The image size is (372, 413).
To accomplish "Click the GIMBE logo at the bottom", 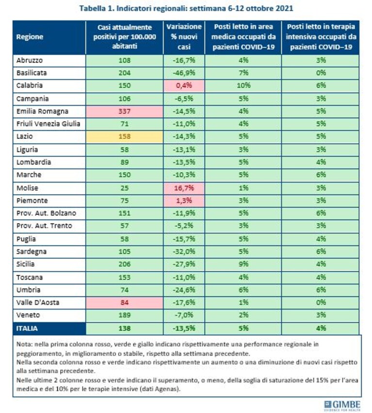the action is [x=342, y=405].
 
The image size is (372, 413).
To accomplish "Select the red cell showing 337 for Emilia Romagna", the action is [x=124, y=112].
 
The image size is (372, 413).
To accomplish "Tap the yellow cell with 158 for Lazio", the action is [x=124, y=136].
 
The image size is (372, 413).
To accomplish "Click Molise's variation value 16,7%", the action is [x=184, y=188].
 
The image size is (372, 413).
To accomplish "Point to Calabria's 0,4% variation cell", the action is [x=184, y=85].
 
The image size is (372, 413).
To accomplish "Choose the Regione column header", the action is [x=30, y=37].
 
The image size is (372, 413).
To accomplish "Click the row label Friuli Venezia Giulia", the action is [x=48, y=124].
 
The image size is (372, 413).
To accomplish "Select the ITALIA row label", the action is [x=27, y=329].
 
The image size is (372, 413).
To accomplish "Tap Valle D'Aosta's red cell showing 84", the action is [x=124, y=303].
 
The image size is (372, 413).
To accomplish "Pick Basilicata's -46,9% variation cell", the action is [x=184, y=73].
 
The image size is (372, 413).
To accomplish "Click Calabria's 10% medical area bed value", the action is [x=243, y=85].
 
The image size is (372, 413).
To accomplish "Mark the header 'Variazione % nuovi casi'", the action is [x=184, y=37].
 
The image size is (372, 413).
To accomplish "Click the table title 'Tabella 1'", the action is [x=97, y=8].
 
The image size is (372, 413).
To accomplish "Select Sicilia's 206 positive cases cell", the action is [x=124, y=264].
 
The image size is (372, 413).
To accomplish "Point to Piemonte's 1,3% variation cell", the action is [x=184, y=201].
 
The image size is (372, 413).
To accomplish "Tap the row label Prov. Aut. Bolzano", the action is [x=46, y=213].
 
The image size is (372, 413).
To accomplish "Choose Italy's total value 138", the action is [x=124, y=329].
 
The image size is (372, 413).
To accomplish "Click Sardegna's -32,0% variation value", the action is [x=184, y=251].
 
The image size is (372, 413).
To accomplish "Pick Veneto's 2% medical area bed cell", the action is [x=243, y=315].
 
